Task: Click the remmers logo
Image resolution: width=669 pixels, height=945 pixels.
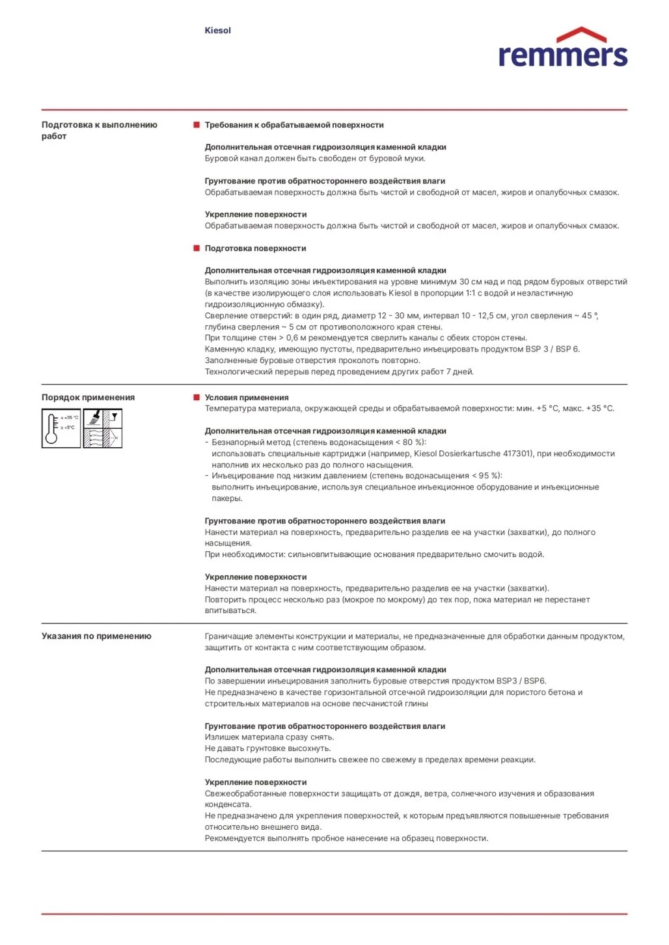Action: (x=562, y=49)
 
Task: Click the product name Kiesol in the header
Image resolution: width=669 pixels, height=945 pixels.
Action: (x=217, y=31)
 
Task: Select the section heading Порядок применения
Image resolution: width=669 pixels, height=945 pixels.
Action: (x=88, y=398)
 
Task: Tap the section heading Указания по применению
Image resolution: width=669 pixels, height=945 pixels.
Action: (x=96, y=637)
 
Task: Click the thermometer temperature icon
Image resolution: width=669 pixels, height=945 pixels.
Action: (x=61, y=428)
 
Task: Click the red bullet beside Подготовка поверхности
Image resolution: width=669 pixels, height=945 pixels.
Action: (x=197, y=248)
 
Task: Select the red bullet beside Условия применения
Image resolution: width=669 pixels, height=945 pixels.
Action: (x=197, y=397)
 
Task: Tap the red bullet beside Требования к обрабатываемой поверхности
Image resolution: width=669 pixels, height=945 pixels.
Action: (x=197, y=124)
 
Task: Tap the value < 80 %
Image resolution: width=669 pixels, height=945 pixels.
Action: (x=408, y=443)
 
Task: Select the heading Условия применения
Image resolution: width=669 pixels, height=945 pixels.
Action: (x=247, y=398)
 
